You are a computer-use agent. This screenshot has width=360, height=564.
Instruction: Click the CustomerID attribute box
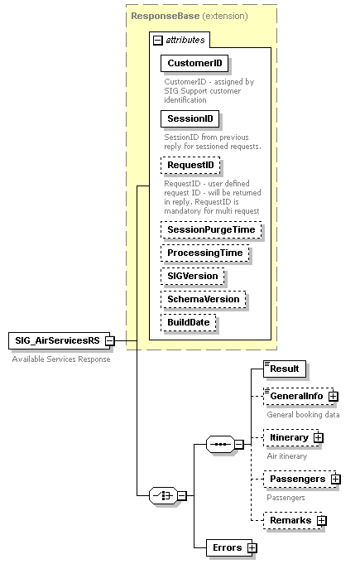[194, 63]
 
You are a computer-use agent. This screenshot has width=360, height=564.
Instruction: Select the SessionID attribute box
[189, 119]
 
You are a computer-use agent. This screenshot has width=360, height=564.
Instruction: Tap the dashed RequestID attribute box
[190, 166]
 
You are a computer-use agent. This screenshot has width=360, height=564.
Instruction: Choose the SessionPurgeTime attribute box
[211, 229]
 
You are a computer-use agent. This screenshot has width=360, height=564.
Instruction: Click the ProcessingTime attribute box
[205, 253]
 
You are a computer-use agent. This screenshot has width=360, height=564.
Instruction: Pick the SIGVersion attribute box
[193, 276]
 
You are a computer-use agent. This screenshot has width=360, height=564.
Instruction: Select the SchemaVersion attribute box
[204, 299]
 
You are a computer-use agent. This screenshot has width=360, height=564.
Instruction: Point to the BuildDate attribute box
[189, 322]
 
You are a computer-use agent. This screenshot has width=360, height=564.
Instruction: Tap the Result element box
[284, 368]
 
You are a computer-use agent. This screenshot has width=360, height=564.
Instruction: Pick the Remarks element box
[290, 520]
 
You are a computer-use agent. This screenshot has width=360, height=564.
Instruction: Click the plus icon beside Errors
[252, 548]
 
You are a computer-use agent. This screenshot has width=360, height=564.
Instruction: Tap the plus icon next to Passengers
[335, 479]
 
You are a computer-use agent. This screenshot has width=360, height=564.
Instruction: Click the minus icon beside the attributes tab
[158, 40]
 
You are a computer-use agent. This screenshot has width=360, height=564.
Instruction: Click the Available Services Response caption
[60, 359]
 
